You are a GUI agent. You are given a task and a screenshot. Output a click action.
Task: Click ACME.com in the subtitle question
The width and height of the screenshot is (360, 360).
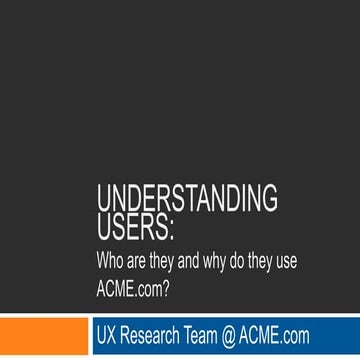click(x=130, y=290)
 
